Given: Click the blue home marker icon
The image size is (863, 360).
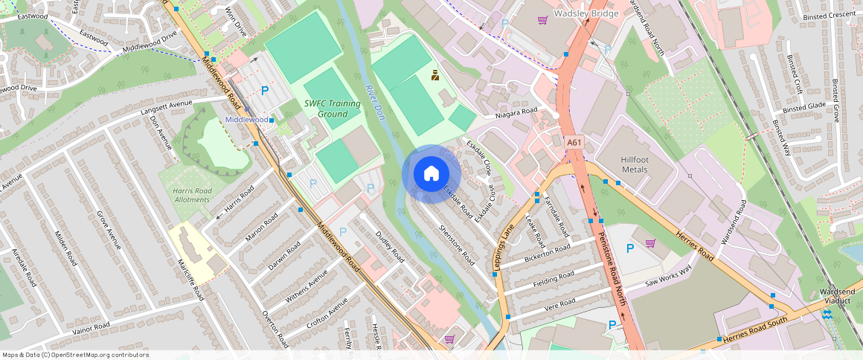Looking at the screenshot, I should (x=431, y=173).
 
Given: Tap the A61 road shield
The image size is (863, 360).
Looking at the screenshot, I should (x=574, y=141).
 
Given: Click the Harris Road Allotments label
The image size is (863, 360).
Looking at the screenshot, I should (x=192, y=196).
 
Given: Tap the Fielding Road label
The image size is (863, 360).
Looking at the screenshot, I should (x=554, y=280).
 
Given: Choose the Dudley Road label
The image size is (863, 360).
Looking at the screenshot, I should (x=389, y=246).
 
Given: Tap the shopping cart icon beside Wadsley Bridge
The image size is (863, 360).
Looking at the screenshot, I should (x=543, y=20).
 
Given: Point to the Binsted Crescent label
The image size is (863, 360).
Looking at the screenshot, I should (x=832, y=15).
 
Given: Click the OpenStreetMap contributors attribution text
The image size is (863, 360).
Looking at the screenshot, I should (x=75, y=355).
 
